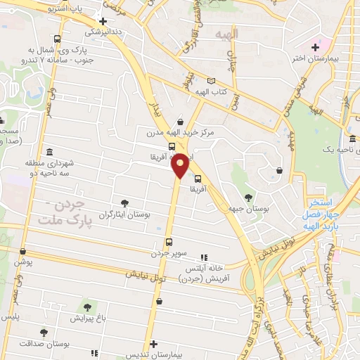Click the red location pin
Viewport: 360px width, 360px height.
point(181,165)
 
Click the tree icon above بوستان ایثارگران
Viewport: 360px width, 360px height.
point(124,202)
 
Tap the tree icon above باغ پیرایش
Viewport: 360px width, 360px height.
point(87,307)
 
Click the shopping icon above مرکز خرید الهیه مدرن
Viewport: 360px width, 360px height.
point(181,121)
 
